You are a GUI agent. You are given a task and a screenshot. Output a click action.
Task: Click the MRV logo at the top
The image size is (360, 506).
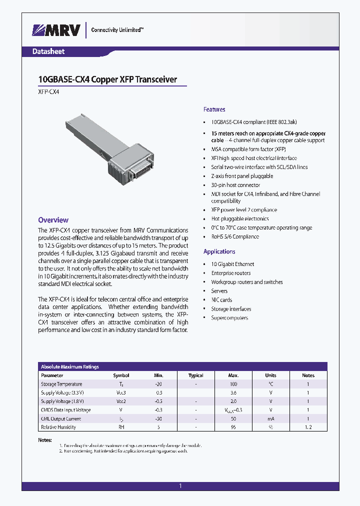[56, 30]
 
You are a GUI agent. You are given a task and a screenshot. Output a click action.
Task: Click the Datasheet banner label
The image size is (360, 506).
[48, 51]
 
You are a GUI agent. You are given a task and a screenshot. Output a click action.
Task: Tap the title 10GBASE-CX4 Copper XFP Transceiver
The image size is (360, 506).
[107, 79]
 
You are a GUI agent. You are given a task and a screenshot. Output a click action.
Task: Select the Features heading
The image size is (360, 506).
[214, 109]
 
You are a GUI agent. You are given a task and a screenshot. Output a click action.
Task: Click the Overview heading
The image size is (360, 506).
[53, 220]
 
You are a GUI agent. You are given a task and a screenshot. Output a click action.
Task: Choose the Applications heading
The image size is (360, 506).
[219, 251]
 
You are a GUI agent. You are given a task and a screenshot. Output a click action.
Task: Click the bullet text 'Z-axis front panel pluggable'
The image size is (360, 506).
[242, 176]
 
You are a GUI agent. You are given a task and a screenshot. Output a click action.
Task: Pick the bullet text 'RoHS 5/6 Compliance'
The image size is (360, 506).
[235, 236]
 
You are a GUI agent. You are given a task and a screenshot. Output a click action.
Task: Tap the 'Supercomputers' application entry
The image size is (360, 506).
[229, 318]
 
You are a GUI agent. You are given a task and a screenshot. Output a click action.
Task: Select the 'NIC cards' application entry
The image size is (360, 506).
[221, 300]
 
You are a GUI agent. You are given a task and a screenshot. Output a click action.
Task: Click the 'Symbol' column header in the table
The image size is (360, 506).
[121, 375]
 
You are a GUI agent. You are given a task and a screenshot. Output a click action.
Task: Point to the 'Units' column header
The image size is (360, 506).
[270, 375]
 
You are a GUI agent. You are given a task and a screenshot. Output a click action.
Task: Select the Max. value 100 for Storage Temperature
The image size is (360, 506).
[233, 384]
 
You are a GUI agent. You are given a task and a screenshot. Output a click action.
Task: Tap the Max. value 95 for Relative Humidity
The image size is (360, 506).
[233, 427]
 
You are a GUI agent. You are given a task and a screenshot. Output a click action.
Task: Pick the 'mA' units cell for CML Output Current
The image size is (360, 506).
[270, 418]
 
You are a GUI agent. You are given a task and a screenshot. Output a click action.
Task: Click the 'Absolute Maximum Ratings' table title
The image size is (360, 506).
[70, 366]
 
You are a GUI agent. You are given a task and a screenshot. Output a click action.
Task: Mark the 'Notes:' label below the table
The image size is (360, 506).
[45, 440]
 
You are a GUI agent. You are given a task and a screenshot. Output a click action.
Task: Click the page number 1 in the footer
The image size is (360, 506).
[180, 485]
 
